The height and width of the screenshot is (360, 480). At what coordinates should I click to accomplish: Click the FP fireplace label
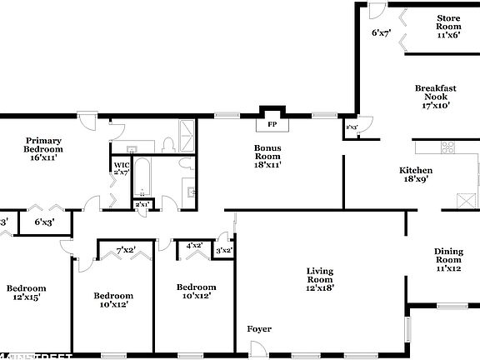point(272,125)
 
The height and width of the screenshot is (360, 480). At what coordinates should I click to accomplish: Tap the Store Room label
point(448,26)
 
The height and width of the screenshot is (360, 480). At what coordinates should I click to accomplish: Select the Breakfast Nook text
point(436,97)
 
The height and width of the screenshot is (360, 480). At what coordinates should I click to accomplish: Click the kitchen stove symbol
point(447,148)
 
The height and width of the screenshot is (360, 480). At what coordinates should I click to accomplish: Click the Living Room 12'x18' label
point(320,279)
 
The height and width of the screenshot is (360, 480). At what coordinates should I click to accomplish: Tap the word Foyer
point(259,329)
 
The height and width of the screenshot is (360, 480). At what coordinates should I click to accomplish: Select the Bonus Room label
point(267,156)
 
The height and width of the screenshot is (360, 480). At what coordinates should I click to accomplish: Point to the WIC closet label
point(121,168)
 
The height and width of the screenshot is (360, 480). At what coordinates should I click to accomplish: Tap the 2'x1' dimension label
point(142,204)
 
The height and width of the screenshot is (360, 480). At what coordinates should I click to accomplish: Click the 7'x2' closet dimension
point(126,250)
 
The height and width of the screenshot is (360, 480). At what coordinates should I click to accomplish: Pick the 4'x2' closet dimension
point(195,246)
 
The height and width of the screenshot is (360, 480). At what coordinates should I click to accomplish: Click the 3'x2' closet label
point(223,250)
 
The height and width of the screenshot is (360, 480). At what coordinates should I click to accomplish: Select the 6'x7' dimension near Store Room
point(381,33)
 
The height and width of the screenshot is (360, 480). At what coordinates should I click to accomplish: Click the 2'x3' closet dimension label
point(352,127)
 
